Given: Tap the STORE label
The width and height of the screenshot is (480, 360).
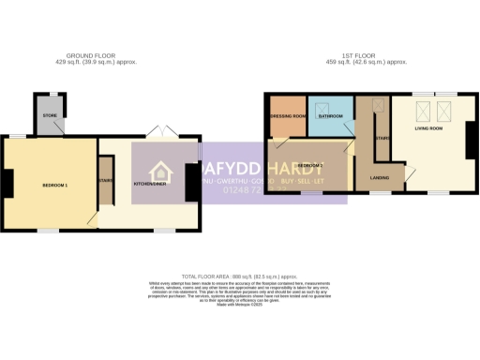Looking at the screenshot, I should pos(49,116).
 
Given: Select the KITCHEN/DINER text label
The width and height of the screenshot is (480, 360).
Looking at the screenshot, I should pos(149,184).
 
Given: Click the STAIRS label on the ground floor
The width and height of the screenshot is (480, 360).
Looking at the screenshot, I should pos(105,182).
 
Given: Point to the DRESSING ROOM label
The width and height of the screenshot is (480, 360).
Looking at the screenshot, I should pos(288,116).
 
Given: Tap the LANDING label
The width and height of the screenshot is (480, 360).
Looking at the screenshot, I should pos(380,176).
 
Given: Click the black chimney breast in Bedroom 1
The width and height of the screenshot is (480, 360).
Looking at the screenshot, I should pos(7,183).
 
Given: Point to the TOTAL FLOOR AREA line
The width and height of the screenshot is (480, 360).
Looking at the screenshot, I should pos(242,277).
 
